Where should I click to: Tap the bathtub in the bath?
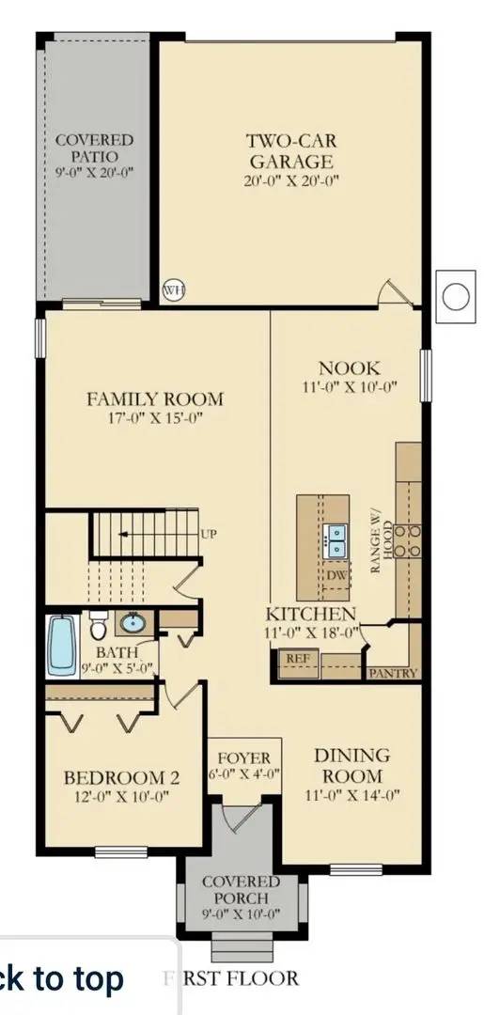[x=61, y=645]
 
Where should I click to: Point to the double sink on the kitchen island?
[x=336, y=541]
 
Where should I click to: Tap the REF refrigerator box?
[x=298, y=664]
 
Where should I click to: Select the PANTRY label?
[x=393, y=673]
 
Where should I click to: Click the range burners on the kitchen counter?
[x=408, y=540]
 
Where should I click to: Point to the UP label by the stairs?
[x=209, y=534]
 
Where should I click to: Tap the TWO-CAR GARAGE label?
[x=291, y=150]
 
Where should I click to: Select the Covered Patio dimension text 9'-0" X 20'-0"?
[x=95, y=173]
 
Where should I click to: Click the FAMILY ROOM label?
[x=155, y=398]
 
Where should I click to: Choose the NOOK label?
[x=350, y=368]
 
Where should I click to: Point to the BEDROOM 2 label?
[x=121, y=777]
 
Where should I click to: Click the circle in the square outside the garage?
[x=456, y=296]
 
